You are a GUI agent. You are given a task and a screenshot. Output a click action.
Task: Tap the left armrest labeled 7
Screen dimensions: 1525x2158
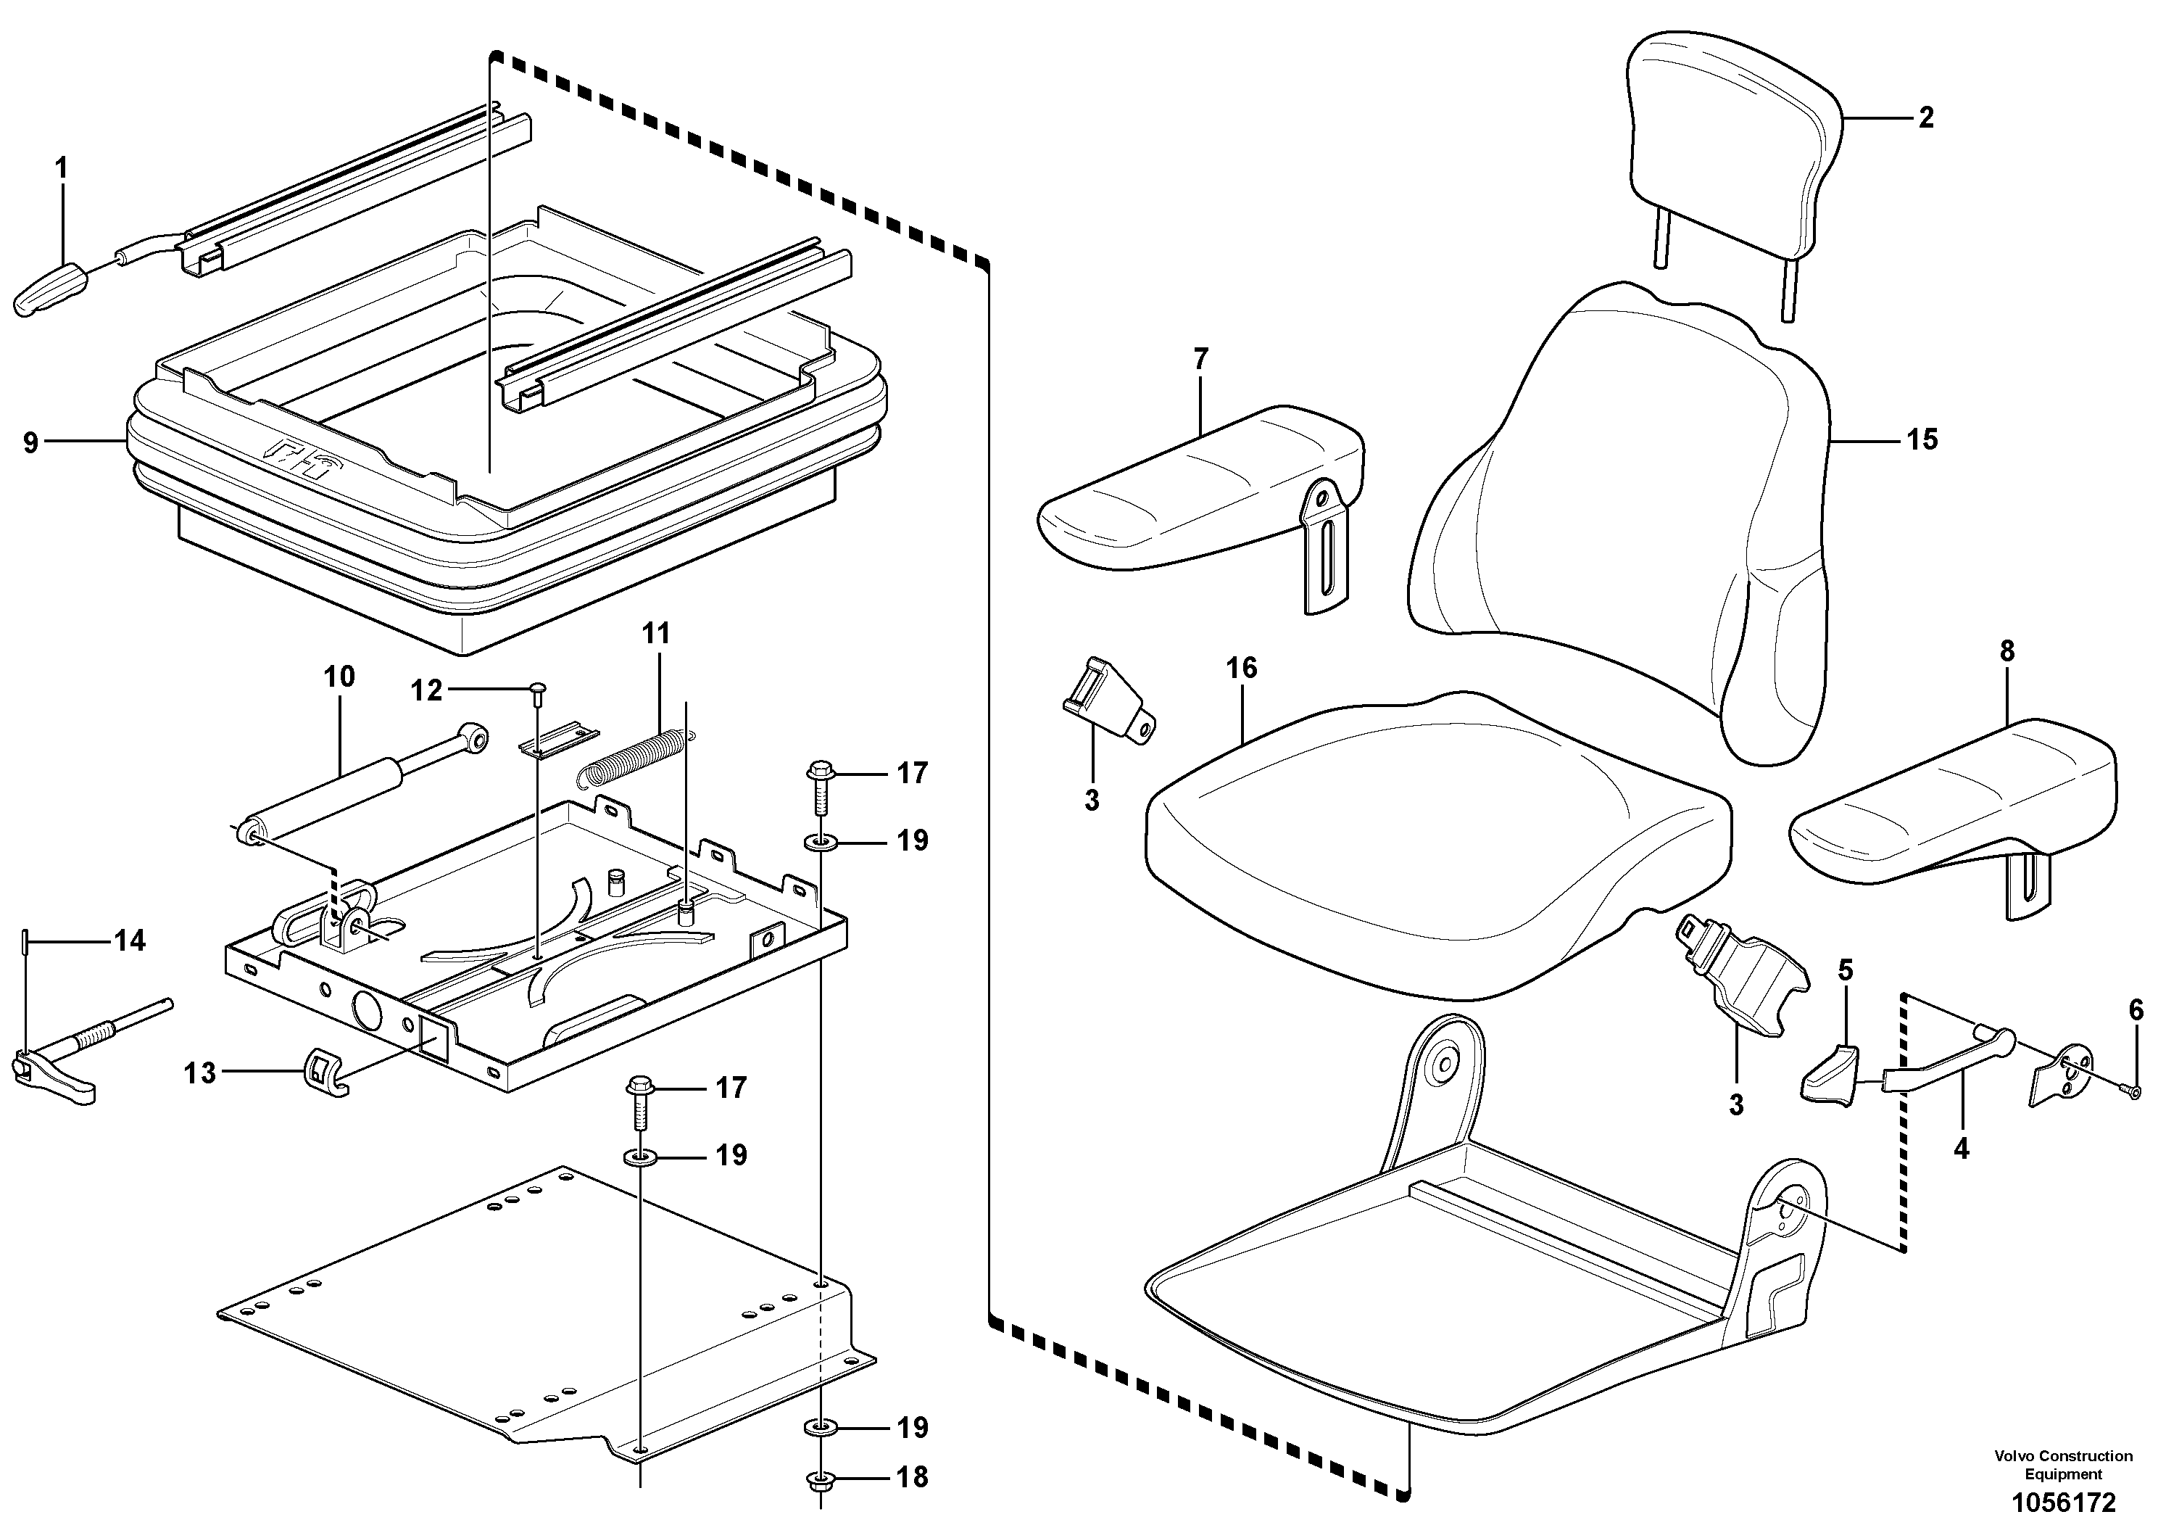coord(1194,489)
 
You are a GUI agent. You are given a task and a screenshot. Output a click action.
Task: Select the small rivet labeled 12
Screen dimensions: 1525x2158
coord(539,693)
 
